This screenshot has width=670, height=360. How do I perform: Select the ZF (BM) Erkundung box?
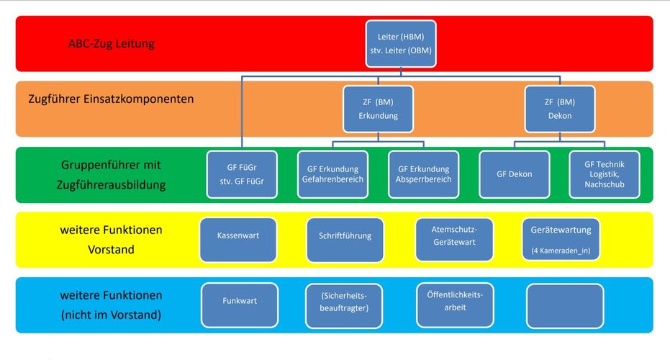click(379, 109)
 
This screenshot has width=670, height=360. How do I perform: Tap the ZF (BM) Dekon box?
click(559, 109)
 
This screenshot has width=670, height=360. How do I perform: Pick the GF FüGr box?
click(242, 174)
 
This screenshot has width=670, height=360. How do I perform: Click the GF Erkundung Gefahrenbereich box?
click(332, 174)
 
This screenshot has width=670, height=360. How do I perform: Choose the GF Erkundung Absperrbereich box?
click(423, 174)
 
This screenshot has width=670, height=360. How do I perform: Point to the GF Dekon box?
click(514, 174)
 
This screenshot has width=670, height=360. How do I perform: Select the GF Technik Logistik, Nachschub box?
click(605, 174)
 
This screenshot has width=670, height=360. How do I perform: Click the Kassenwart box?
click(237, 239)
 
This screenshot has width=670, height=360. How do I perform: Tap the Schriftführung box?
click(345, 239)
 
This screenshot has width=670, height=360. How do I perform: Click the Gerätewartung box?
click(561, 239)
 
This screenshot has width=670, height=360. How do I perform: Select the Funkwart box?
click(240, 305)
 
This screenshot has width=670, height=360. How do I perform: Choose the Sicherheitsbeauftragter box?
click(344, 305)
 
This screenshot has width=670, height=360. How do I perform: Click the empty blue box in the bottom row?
click(565, 305)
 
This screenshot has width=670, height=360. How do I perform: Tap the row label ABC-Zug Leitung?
click(111, 43)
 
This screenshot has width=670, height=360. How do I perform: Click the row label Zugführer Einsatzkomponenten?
click(111, 99)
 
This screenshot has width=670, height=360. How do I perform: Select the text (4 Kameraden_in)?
click(561, 251)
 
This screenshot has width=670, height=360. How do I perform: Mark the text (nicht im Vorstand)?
click(111, 315)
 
